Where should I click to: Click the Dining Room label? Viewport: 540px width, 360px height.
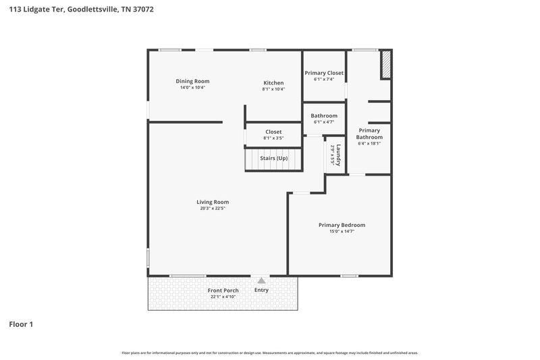coord(192,81)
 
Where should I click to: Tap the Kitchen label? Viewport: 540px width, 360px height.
coord(273,82)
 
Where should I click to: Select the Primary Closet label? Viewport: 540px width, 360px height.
coord(324,73)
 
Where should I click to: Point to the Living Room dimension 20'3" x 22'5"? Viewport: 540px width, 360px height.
coord(213,209)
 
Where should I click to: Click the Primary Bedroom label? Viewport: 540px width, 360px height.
coord(342,225)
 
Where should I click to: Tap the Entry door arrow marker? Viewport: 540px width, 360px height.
coord(262,279)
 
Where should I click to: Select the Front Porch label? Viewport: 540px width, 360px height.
coord(223,290)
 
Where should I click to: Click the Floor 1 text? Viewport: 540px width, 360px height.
coord(21,324)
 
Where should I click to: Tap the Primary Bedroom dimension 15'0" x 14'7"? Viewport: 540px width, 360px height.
coord(342,232)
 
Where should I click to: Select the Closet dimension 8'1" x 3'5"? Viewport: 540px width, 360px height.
coord(273,138)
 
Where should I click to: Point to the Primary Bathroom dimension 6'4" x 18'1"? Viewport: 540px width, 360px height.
coord(369,143)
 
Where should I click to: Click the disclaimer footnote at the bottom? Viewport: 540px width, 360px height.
coord(270,353)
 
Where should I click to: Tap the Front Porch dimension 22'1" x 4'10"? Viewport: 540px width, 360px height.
coord(223,297)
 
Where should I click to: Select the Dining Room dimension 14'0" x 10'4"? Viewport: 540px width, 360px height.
coord(192,88)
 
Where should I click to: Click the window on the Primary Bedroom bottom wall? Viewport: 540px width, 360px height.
coord(349,276)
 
